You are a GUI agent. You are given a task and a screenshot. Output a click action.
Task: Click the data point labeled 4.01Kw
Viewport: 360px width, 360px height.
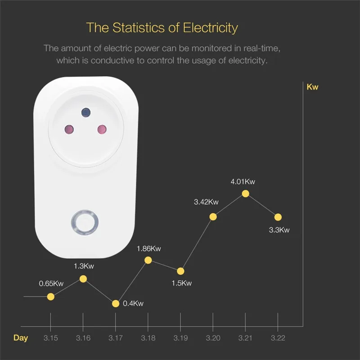[245, 193]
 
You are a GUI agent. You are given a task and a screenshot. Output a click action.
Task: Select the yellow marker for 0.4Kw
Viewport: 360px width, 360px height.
[116, 304]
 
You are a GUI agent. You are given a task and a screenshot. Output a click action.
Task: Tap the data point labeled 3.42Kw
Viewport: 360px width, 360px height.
[213, 217]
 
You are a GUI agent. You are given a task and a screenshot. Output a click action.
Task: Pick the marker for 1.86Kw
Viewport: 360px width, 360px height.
[148, 260]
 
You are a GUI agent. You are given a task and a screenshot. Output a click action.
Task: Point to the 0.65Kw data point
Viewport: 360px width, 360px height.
[51, 297]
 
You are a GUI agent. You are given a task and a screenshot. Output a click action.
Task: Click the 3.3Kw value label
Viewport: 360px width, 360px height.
[279, 230]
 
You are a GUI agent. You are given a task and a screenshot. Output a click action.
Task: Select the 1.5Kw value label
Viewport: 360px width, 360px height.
[181, 283]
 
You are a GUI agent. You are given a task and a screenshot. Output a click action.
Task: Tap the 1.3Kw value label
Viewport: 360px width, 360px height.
[84, 266]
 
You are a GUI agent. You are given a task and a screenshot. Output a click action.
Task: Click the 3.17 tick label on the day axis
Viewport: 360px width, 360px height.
[116, 338]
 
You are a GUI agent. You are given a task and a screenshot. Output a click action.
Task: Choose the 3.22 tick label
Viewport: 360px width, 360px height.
[278, 338]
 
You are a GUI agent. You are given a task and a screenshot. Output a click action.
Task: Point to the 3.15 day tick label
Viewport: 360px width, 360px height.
[51, 338]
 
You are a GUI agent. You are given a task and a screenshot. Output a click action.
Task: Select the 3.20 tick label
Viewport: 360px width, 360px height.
[213, 338]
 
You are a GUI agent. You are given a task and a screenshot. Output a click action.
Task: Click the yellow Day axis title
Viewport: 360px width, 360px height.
[20, 338]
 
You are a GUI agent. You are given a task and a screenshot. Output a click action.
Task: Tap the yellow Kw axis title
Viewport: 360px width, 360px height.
[312, 87]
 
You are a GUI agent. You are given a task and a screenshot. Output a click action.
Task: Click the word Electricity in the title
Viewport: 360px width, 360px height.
[210, 27]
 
